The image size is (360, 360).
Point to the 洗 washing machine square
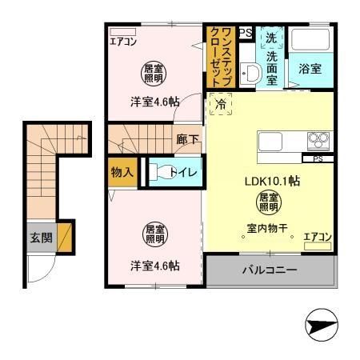coord(270,38)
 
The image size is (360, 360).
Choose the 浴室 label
coord(311,69)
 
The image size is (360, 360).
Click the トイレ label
coord(189,170)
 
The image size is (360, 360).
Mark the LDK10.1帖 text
coord(272,182)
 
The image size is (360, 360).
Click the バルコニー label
coord(270,270)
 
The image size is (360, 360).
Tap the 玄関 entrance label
coord(41,237)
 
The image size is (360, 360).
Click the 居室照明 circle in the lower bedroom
coord(154,235)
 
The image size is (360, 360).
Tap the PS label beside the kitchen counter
coord(318,158)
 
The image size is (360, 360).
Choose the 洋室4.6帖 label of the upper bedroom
coord(154,102)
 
